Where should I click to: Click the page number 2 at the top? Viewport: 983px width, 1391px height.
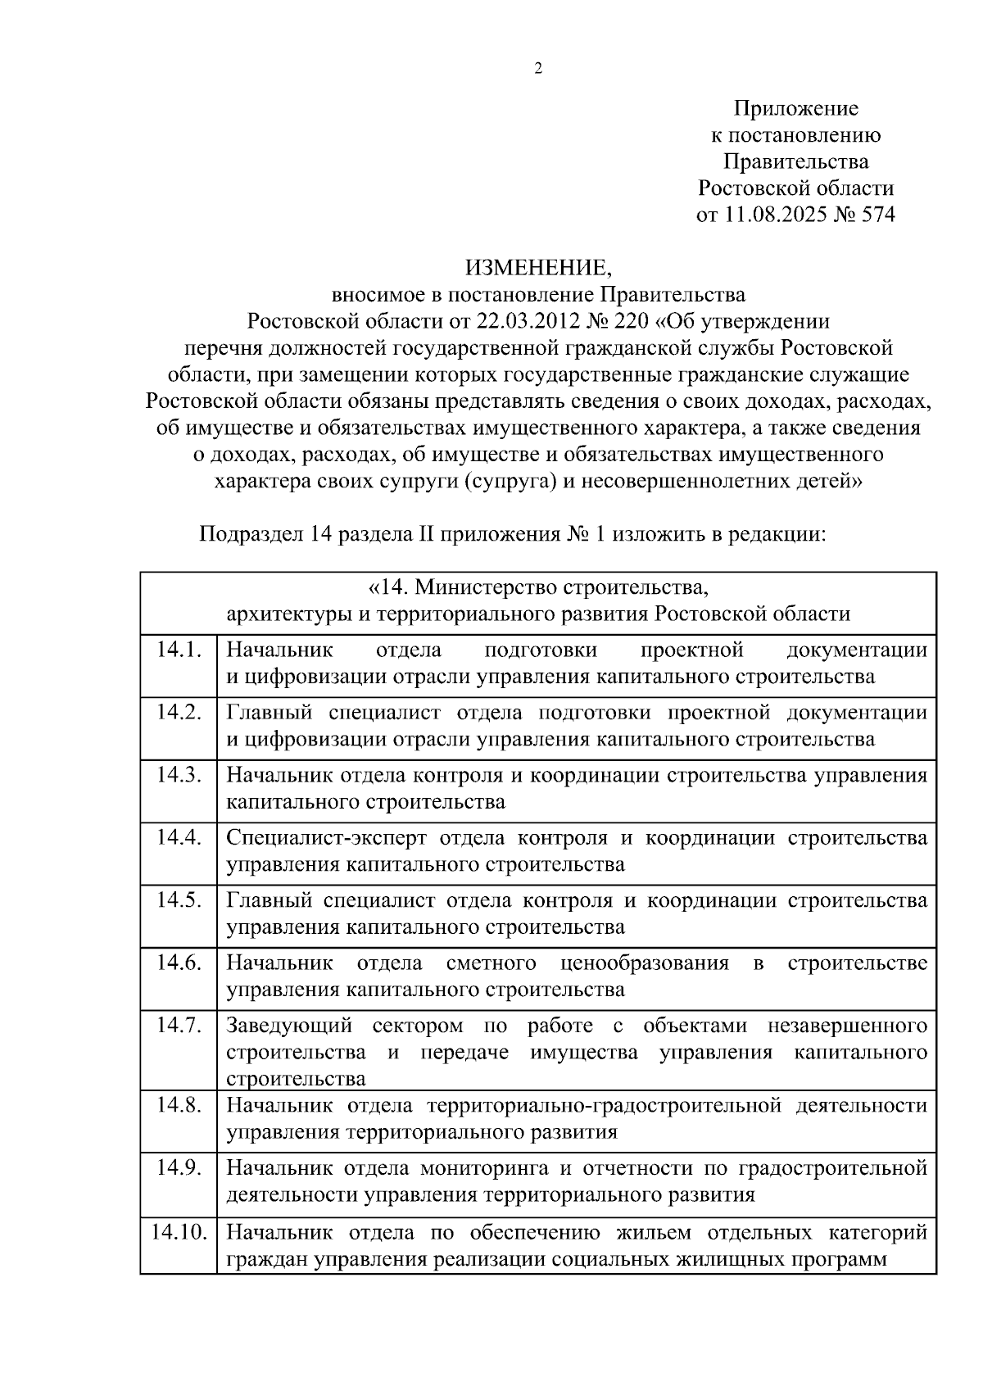[x=538, y=70]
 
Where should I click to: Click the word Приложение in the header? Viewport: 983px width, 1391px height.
[x=795, y=108]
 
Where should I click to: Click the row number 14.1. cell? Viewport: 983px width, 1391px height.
[x=179, y=650]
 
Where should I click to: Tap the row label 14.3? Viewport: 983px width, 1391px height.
[x=179, y=775]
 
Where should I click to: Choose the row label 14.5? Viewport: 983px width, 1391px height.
[x=179, y=900]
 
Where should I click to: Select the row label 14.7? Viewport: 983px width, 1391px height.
[x=179, y=1025]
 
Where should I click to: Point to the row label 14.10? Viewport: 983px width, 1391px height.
[x=179, y=1232]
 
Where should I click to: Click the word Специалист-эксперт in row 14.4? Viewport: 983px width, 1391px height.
[x=326, y=838]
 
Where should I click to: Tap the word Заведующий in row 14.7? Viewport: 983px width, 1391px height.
[x=289, y=1026]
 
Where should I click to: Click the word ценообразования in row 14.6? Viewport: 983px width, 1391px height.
[x=645, y=963]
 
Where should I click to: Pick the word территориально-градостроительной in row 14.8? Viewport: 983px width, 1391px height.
[x=604, y=1106]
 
